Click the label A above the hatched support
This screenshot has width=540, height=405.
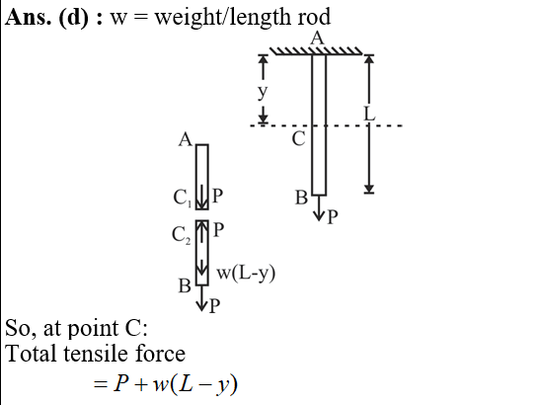[x=317, y=38]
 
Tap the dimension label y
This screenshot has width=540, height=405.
[x=263, y=92]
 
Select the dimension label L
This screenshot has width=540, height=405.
[x=369, y=114]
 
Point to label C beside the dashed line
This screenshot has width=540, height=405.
[x=298, y=139]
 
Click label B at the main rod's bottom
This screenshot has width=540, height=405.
[x=301, y=199]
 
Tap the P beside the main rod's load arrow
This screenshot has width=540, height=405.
[x=332, y=217]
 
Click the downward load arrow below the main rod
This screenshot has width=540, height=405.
[x=319, y=207]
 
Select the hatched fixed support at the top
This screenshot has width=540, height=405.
[x=316, y=51]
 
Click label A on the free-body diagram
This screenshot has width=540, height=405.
[x=186, y=140]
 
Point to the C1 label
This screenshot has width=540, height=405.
[x=183, y=199]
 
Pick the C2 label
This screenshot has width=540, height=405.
[x=181, y=235]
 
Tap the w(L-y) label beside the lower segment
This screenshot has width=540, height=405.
[x=246, y=274]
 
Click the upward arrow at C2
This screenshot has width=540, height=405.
[x=202, y=231]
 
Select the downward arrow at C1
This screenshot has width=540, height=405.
[x=202, y=197]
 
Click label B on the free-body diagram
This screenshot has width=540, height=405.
[x=185, y=286]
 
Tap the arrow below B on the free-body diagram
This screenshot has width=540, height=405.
[x=201, y=298]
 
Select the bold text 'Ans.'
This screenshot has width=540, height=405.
[x=29, y=17]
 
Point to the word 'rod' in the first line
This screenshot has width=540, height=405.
[x=314, y=17]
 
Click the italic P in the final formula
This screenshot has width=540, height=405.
[x=121, y=383]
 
